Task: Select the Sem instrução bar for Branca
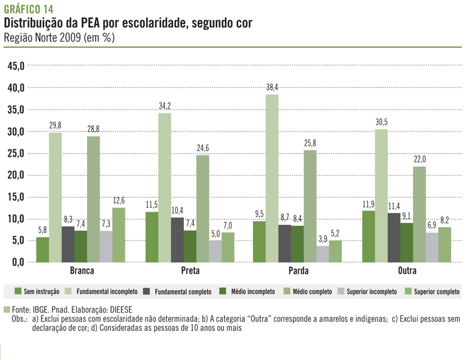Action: click(x=43, y=249)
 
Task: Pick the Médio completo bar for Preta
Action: click(x=203, y=208)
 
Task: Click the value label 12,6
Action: click(x=119, y=201)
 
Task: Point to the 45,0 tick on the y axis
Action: click(x=15, y=66)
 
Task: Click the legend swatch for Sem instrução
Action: click(x=18, y=291)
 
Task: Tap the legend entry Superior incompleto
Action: click(x=372, y=291)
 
